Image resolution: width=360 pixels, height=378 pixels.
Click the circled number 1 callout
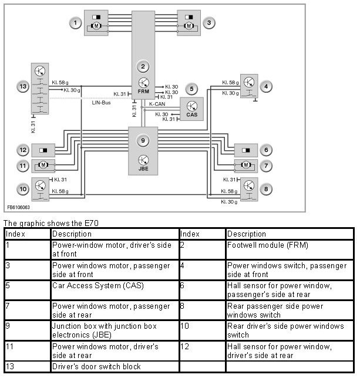point(75,23)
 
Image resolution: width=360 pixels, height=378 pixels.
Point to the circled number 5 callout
point(191,89)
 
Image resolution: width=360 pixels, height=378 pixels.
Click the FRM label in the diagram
point(143,92)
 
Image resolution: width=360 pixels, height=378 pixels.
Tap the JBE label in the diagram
point(143,168)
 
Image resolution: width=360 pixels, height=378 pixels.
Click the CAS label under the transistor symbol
point(192,114)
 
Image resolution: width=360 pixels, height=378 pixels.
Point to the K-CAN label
point(156,104)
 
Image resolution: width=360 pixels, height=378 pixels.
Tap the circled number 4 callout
point(267,87)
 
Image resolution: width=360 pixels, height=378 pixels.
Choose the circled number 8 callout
point(267,189)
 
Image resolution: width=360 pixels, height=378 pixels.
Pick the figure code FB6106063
point(19,207)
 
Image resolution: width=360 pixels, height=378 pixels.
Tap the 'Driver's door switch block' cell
point(96,367)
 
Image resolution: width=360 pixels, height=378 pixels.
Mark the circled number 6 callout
point(267,150)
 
